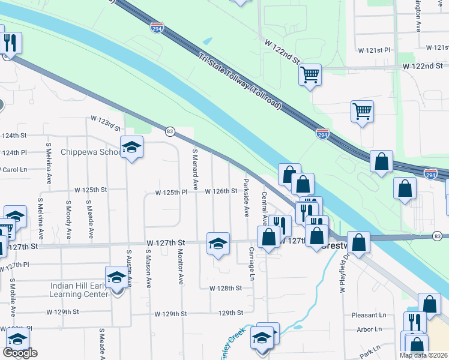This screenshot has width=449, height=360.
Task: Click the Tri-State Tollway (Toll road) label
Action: tap(240, 80)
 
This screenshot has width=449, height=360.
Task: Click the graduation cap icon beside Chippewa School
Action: tap(132, 146)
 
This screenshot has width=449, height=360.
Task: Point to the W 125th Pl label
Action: tap(172, 193)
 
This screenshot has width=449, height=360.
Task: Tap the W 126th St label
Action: tap(221, 191)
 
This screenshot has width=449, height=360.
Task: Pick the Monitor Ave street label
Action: tap(180, 266)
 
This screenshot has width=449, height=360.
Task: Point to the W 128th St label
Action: tap(225, 288)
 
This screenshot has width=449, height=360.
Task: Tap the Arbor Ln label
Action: tap(369, 329)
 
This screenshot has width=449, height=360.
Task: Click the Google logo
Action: tap(20, 353)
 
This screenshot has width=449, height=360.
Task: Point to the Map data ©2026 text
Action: tap(424, 355)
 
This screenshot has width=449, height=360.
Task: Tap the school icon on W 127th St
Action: tap(218, 244)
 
